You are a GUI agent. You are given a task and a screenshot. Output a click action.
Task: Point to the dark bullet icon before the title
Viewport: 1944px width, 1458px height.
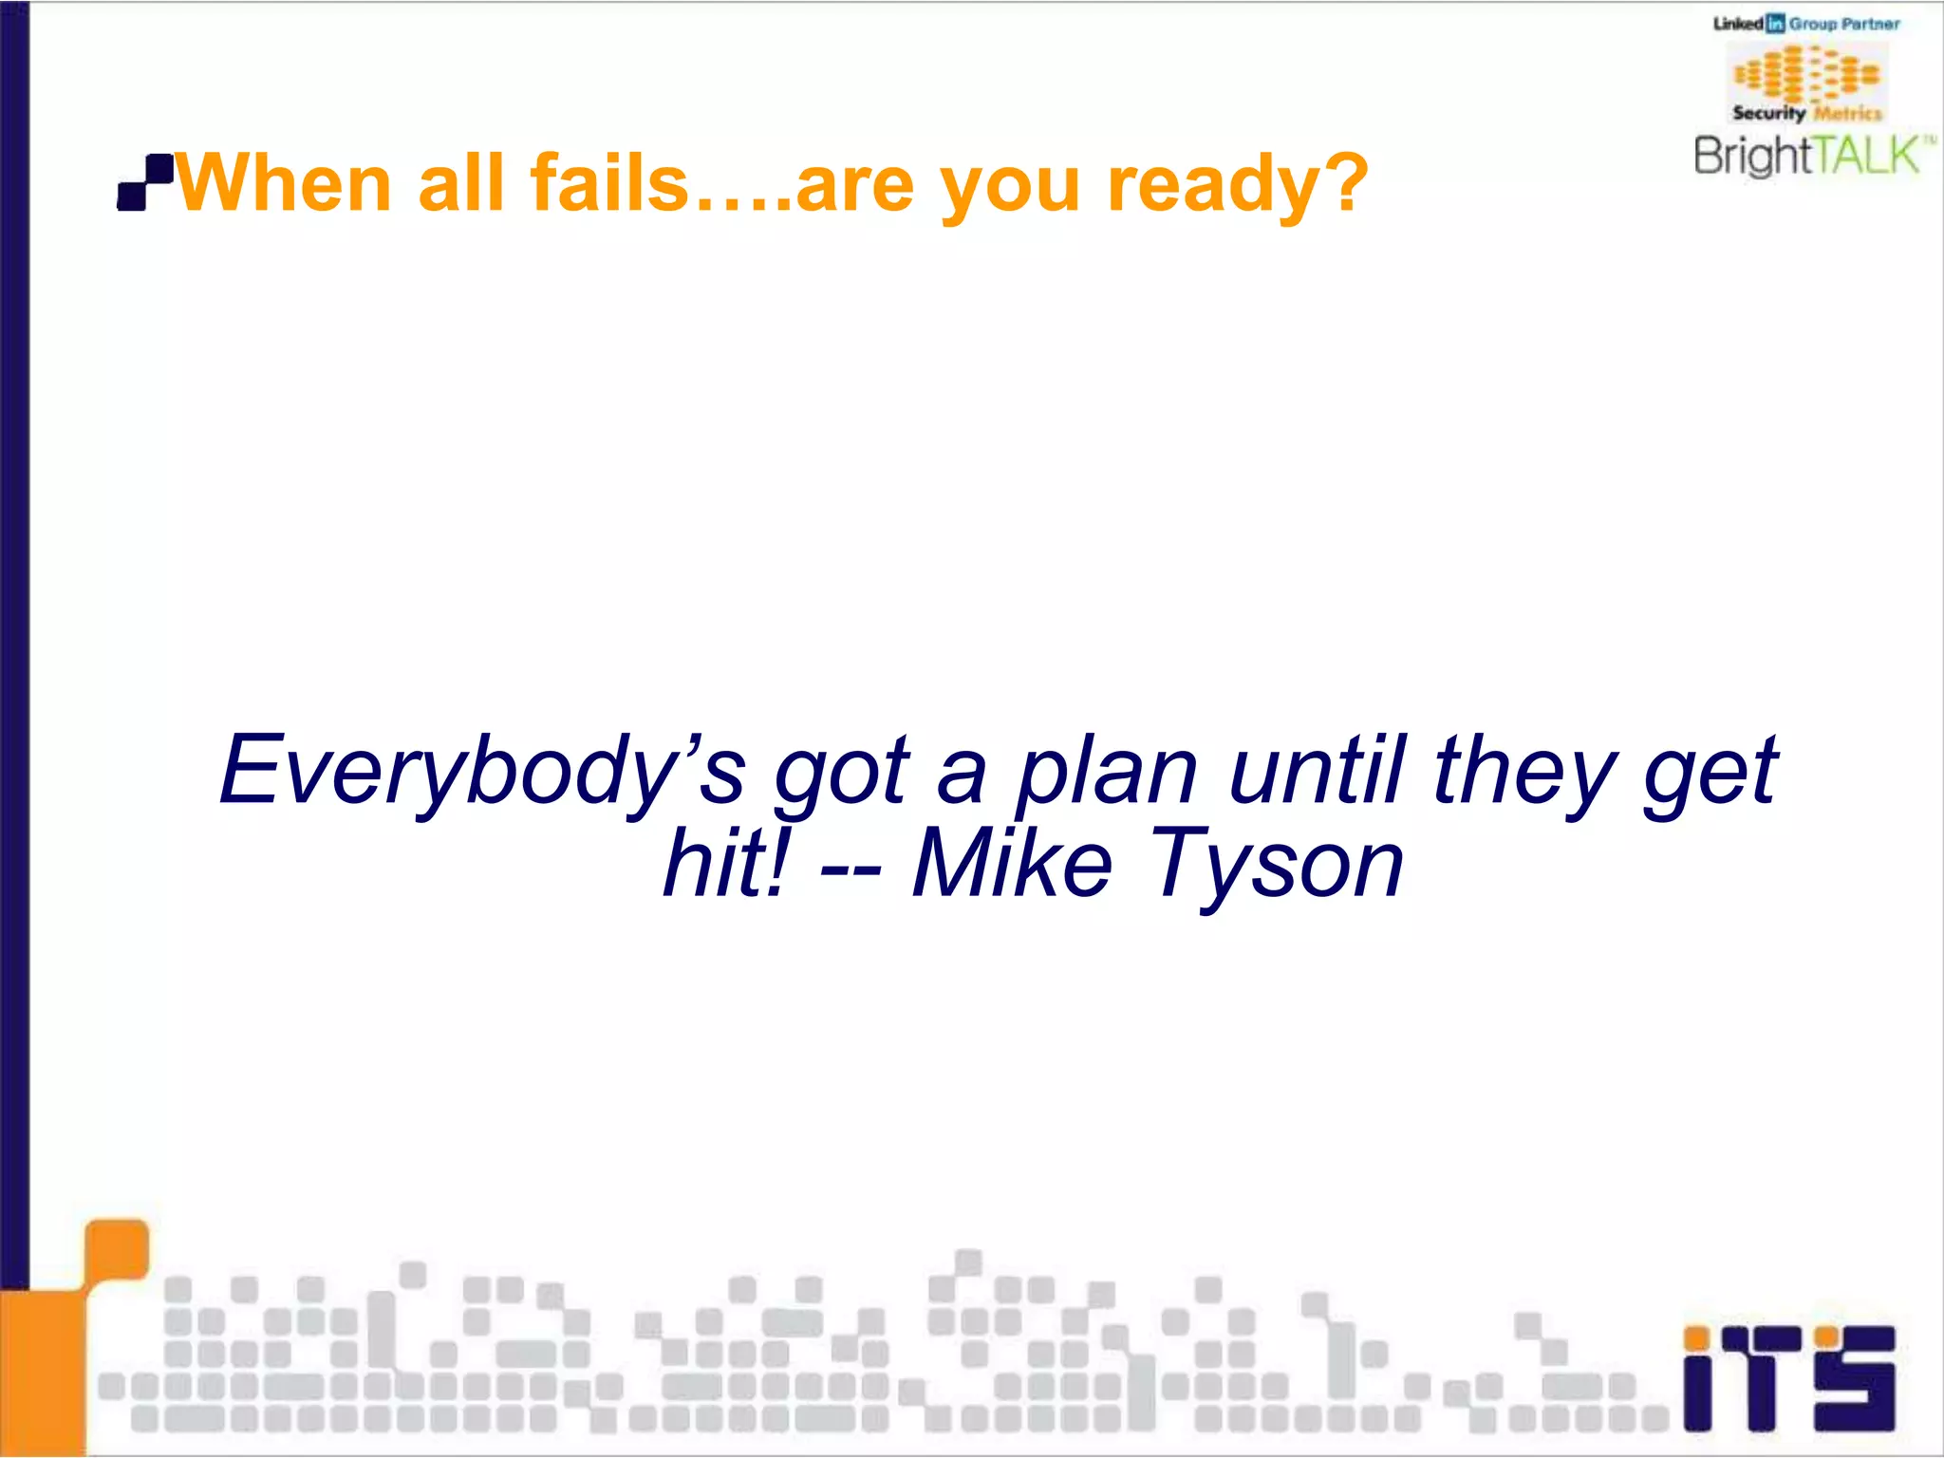coord(144,181)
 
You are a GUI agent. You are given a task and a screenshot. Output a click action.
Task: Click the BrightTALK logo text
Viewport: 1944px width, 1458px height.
coord(1809,156)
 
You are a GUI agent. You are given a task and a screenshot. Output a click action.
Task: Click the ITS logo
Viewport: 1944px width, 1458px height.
coord(1788,1378)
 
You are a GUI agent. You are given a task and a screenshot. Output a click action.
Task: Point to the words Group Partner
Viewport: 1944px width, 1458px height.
coord(1844,25)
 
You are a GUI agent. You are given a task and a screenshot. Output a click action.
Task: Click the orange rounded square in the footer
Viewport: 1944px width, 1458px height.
coord(118,1248)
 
